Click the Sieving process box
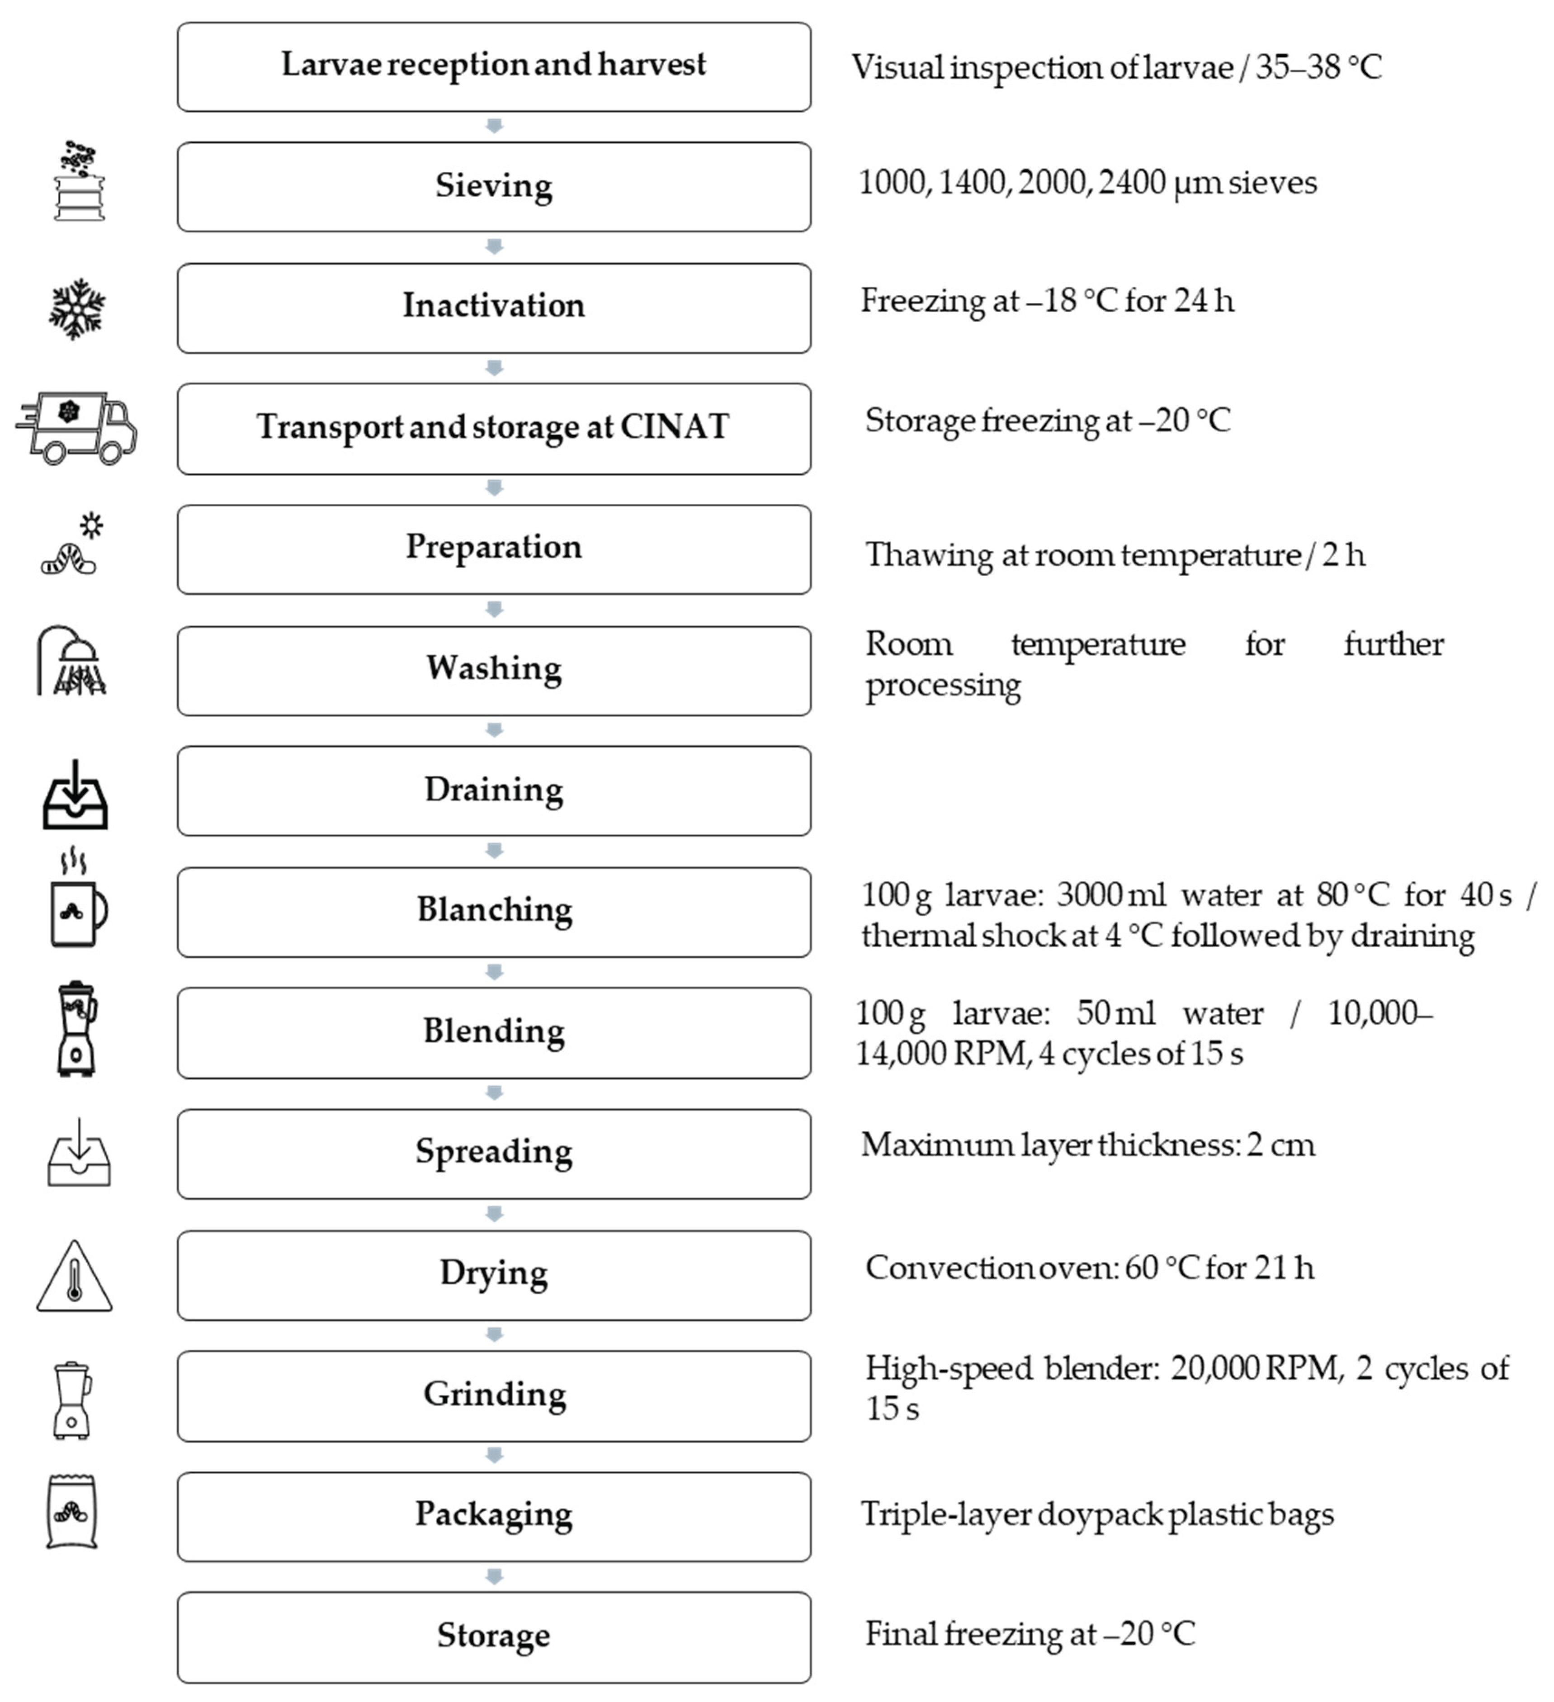[x=494, y=187]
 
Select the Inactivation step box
[x=494, y=307]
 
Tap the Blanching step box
[x=494, y=912]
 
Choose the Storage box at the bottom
[x=494, y=1637]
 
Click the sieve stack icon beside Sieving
[x=79, y=181]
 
